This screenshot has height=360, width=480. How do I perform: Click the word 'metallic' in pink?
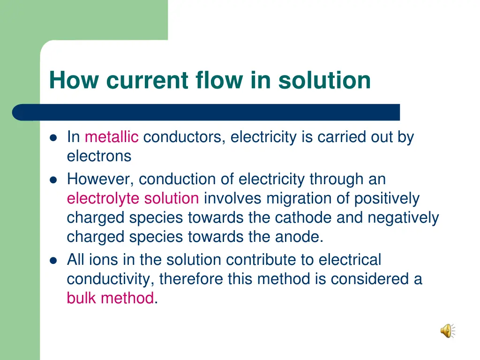(112, 137)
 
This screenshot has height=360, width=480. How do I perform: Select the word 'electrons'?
(99, 156)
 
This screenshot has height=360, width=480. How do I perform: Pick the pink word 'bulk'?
(82, 298)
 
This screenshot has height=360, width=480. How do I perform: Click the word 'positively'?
(387, 198)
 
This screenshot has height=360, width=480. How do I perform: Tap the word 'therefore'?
(191, 279)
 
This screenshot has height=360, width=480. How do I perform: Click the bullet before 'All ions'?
(53, 260)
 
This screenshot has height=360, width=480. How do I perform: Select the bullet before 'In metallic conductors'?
(53, 138)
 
